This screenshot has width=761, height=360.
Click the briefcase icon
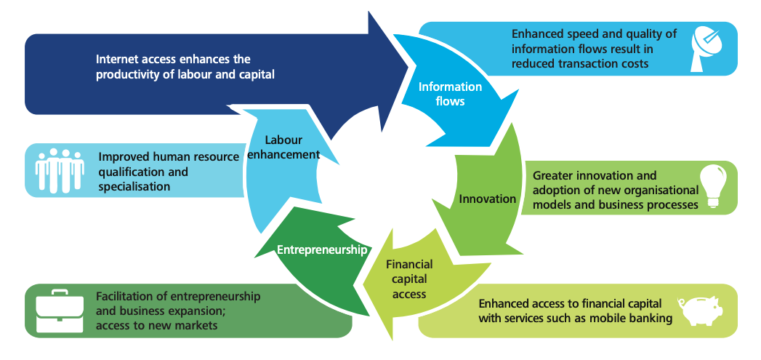[58, 311]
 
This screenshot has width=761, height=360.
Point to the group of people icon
[59, 170]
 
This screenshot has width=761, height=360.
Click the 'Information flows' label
[450, 94]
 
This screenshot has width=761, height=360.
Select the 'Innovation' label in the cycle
[487, 199]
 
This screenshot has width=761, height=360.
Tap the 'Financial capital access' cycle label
[409, 279]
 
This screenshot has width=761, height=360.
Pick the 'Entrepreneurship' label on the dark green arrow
[322, 249]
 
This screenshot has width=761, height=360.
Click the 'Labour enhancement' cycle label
[283, 147]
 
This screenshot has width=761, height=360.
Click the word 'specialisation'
[134, 186]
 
